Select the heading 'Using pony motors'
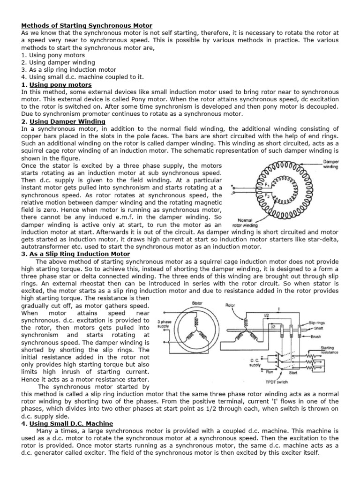coord(60,85)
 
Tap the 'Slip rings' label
coord(318,323)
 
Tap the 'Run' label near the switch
coord(270,371)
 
